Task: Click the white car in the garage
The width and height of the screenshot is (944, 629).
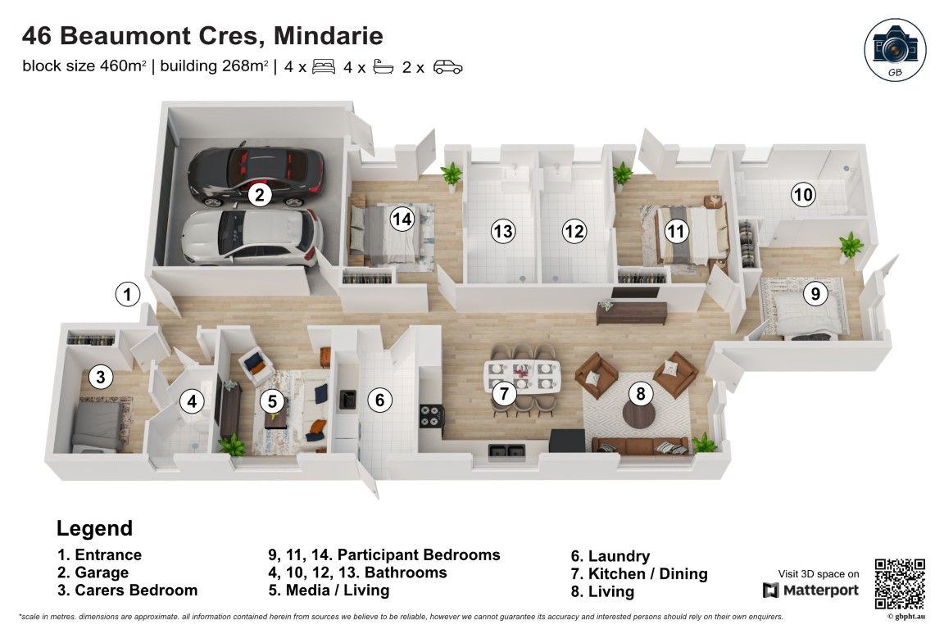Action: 250,237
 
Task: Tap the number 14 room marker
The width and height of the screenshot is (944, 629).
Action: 402,219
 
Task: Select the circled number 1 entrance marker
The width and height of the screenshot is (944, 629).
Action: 127,293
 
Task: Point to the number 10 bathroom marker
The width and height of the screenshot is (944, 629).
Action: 803,195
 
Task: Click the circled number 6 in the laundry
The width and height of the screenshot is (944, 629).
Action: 379,400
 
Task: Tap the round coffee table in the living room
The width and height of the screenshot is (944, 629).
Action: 640,414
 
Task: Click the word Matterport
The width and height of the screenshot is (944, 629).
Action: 821,591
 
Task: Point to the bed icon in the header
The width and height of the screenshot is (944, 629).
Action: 324,67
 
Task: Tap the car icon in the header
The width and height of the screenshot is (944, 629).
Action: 448,67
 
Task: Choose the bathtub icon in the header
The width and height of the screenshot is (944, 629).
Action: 384,67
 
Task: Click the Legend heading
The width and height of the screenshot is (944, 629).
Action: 94,528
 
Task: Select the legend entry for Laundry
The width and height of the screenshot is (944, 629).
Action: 610,556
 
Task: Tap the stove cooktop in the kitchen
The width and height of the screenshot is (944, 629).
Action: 431,416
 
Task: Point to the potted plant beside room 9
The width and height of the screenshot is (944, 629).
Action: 851,244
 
